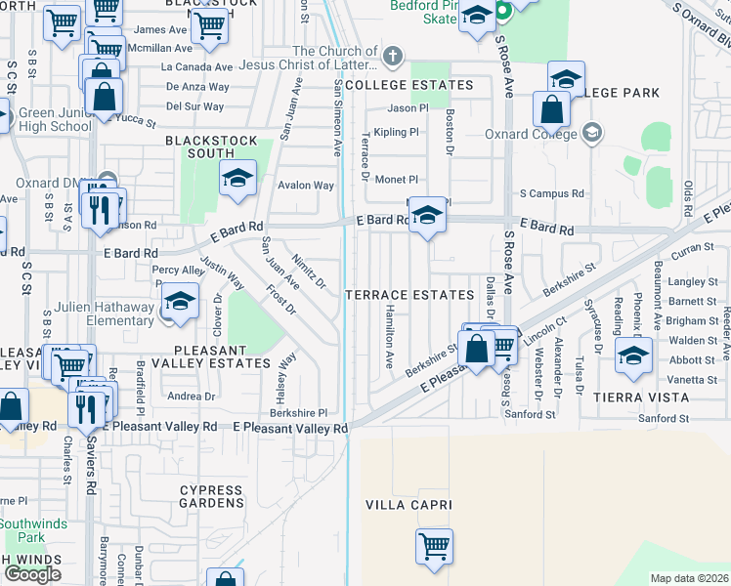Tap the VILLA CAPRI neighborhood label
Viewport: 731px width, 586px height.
point(408,505)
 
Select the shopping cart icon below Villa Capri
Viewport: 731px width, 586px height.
point(434,545)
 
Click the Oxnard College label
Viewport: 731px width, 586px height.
point(541,134)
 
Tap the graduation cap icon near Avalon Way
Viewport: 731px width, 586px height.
point(236,180)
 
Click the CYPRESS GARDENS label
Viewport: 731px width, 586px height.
point(211,496)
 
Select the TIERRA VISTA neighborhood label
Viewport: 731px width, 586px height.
point(641,398)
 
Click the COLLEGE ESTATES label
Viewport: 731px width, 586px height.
point(408,85)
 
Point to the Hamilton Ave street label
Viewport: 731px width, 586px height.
point(389,333)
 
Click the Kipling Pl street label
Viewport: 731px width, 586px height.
point(396,131)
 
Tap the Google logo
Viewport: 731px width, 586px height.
point(32,574)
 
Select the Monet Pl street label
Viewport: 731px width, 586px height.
point(397,180)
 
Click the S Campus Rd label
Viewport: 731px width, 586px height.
point(552,193)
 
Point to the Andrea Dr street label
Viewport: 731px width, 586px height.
point(192,397)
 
